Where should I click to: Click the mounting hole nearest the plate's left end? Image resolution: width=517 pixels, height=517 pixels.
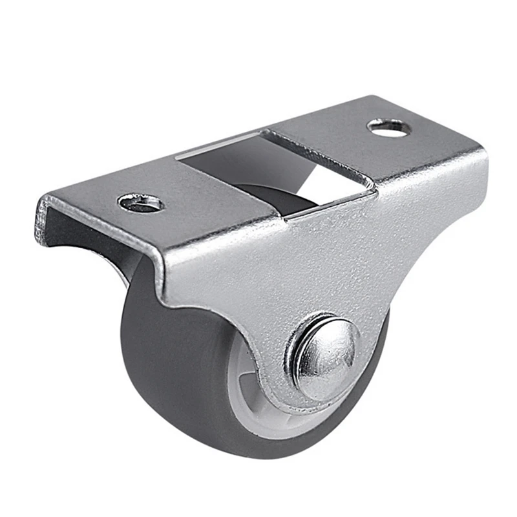(141, 204)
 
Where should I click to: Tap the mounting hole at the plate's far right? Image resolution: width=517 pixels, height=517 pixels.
(389, 127)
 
